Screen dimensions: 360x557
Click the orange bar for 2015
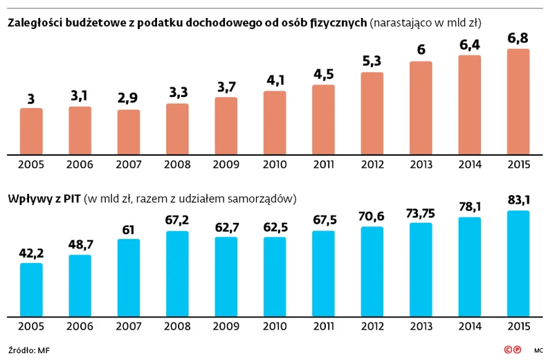click(518, 102)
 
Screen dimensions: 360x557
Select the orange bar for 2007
click(129, 132)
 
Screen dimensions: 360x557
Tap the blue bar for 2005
click(31, 289)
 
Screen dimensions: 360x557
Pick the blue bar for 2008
click(177, 273)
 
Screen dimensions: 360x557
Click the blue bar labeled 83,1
click(518, 262)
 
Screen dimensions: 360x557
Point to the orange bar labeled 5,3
click(372, 113)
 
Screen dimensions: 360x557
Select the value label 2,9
click(129, 98)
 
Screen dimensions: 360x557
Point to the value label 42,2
click(31, 253)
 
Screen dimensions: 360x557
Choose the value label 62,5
click(275, 226)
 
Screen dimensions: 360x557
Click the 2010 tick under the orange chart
click(275, 164)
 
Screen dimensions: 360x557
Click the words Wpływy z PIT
click(44, 199)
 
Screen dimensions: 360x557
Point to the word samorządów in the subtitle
click(259, 199)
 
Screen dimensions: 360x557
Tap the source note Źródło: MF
click(29, 349)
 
